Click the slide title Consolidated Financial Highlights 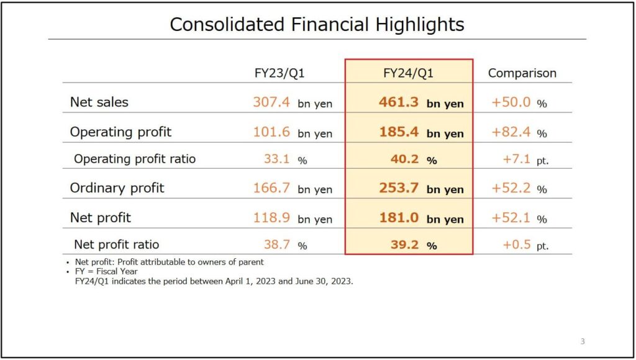coord(317,24)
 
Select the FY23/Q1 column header coord(279,73)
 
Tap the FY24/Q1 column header coord(408,73)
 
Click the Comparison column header coord(522,73)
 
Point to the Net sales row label coord(99,102)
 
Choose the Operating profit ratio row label coord(135,159)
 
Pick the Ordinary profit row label coord(117,187)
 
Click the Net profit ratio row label coord(117,245)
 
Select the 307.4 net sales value coord(271,102)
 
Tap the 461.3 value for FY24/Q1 coord(399,102)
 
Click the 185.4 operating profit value coord(399,132)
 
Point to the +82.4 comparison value coord(511,132)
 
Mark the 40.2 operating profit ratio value coord(405,159)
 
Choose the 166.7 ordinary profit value coord(271,187)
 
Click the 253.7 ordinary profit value coord(399,187)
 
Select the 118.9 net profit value coord(271,217)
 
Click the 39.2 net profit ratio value coord(405,245)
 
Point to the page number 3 coord(583,341)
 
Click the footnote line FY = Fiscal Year coord(106,271)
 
